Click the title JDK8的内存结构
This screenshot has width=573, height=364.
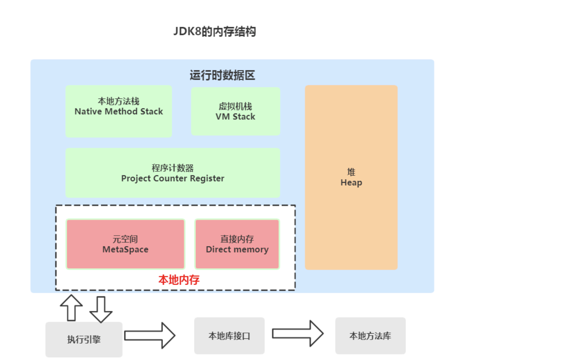pos(215,32)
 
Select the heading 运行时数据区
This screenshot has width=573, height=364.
pos(222,75)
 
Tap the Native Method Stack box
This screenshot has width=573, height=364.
pos(119,111)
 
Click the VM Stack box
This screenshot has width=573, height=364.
pos(235,111)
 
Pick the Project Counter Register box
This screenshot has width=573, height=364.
pos(173,173)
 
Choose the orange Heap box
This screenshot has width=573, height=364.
pos(351,177)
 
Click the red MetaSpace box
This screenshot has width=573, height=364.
pos(125,244)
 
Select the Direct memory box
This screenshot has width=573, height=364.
pos(237,244)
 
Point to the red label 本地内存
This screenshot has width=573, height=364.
pos(179,280)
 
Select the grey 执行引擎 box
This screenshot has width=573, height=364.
pos(84,340)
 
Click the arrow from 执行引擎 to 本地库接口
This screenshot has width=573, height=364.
pos(150,336)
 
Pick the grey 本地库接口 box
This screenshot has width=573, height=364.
pos(229,336)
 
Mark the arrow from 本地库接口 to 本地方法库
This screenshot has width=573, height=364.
pos(298,334)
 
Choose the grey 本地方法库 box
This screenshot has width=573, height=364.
pos(370,336)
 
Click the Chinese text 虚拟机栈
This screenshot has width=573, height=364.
pos(235,106)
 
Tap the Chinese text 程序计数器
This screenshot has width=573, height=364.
pos(173,168)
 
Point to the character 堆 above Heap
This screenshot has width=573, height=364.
pos(351,172)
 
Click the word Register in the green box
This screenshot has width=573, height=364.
pos(207,178)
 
